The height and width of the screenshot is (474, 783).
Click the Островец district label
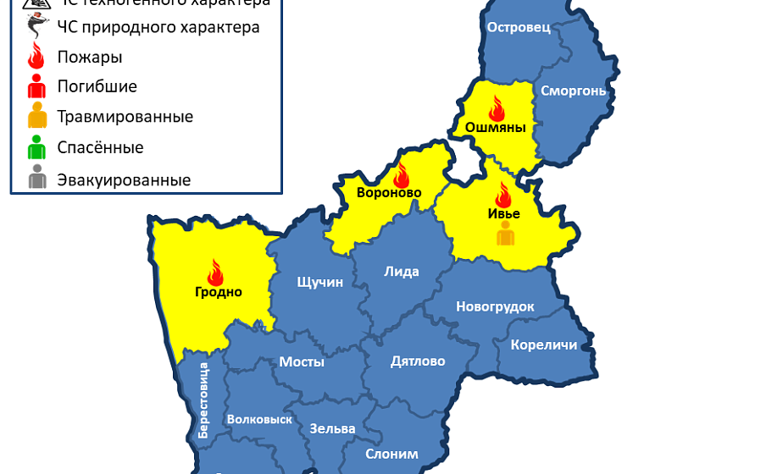click(x=519, y=27)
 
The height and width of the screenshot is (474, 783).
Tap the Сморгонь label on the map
click(x=573, y=91)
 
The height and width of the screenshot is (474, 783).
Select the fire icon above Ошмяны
click(x=496, y=108)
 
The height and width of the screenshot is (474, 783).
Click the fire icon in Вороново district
click(x=401, y=175)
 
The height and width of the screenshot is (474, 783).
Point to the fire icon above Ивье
click(x=504, y=195)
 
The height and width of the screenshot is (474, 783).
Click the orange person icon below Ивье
click(x=506, y=233)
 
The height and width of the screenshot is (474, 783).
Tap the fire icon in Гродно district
click(x=214, y=273)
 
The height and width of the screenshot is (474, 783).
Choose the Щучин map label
click(x=320, y=282)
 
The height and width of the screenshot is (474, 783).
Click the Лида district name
click(x=402, y=272)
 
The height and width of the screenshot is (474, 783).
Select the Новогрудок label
click(x=495, y=306)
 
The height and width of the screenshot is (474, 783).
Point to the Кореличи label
click(x=543, y=344)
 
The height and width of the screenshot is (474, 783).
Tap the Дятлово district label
click(x=418, y=361)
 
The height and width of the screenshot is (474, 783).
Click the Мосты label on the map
click(x=302, y=361)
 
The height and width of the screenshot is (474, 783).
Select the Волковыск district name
click(x=259, y=419)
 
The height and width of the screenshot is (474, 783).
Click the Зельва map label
click(x=332, y=428)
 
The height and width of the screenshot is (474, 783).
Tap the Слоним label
click(x=391, y=454)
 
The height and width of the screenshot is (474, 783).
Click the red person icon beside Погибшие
click(x=36, y=86)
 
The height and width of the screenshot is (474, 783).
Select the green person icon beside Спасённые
click(x=36, y=148)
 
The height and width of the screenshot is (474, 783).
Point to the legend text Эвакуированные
click(x=124, y=179)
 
